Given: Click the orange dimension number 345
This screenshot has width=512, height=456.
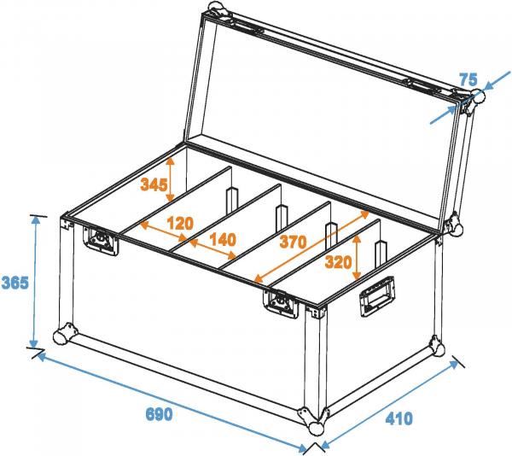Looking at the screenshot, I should pos(154,184).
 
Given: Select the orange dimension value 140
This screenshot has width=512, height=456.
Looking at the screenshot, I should pos(223,240).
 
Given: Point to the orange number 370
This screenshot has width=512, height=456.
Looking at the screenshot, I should pos(293,243).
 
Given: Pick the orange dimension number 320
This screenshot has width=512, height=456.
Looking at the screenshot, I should pos(339,263).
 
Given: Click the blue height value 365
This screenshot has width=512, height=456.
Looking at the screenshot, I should pos(15,283).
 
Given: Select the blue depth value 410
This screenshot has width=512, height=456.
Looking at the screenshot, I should pos(399,418).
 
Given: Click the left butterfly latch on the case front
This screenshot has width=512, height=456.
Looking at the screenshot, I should pos(99,239).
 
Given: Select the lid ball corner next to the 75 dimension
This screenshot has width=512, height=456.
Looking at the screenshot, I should pos(470,101).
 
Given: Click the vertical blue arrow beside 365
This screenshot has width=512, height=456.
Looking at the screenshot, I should pos(35,282).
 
